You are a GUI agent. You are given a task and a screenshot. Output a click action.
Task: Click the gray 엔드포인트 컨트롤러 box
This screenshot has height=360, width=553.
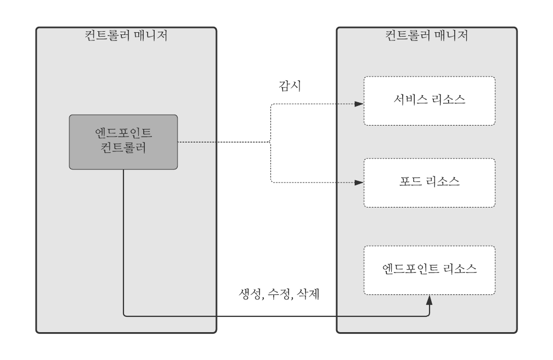click(x=123, y=141)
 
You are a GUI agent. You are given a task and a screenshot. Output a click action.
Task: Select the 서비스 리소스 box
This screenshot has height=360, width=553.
click(x=430, y=101)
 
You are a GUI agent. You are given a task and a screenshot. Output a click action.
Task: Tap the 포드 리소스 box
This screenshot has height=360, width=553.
click(x=430, y=182)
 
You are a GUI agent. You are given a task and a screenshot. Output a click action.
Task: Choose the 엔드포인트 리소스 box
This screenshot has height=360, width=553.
click(x=430, y=270)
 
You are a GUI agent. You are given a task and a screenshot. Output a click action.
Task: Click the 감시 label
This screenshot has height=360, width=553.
click(x=287, y=86)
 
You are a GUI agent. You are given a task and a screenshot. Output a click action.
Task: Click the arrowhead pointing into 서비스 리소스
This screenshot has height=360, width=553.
click(x=359, y=103)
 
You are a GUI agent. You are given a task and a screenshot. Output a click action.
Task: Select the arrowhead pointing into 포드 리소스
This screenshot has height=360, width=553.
click(x=359, y=182)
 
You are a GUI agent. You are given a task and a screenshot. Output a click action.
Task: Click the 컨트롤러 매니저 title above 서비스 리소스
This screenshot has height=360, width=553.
click(x=427, y=37)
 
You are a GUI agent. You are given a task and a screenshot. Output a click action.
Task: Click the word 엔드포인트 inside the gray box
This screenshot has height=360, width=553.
click(x=123, y=134)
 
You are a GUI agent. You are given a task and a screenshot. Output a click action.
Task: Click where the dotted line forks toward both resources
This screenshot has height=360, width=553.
click(x=271, y=143)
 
